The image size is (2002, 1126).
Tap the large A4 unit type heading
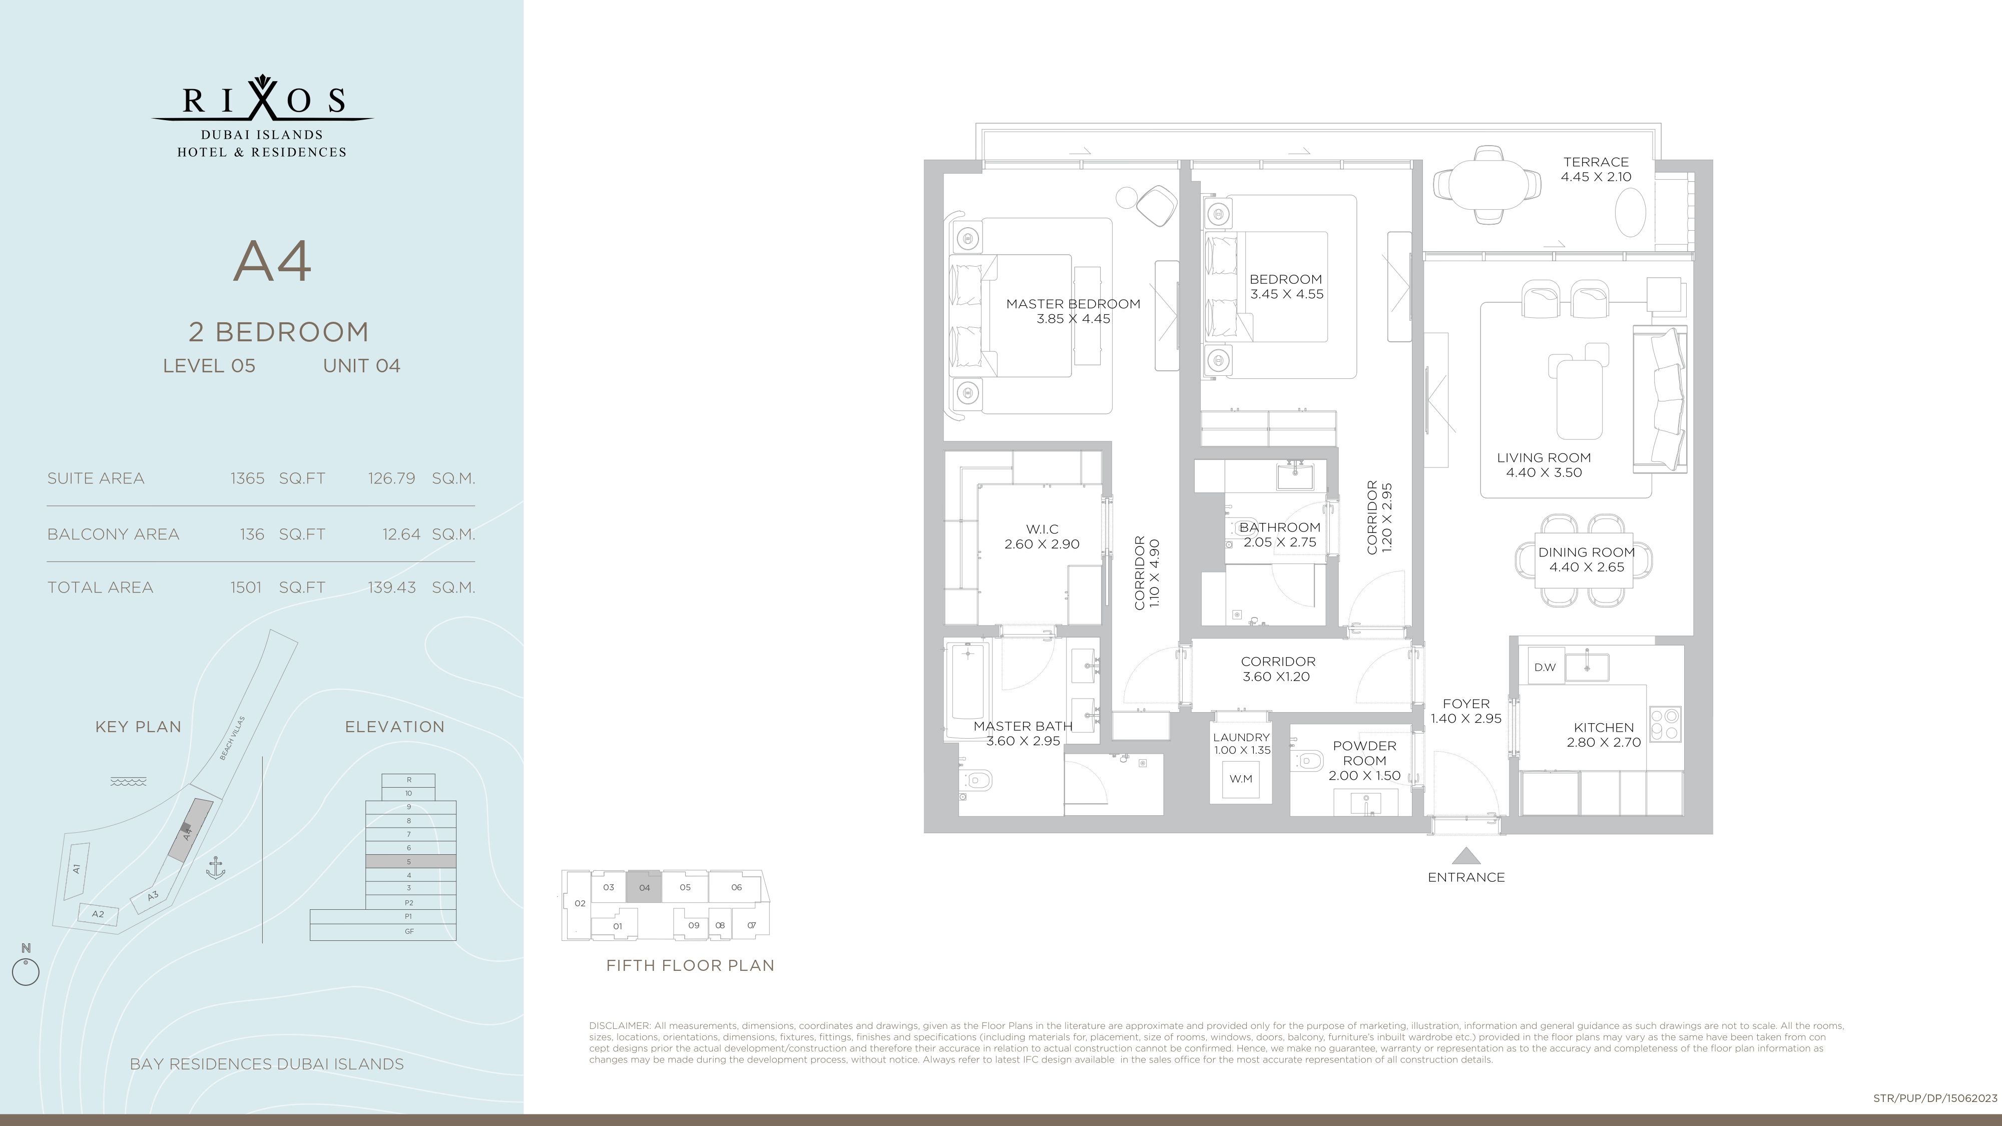[x=273, y=261]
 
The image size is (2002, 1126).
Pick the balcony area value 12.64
[x=401, y=534]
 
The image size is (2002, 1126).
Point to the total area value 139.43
[x=392, y=588]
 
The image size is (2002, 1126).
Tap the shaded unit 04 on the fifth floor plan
[x=644, y=887]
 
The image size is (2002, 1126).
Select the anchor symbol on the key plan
[x=215, y=868]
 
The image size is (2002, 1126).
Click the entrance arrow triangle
[x=1466, y=856]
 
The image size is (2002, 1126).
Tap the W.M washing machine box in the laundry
[x=1241, y=779]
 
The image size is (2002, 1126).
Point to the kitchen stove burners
[x=1665, y=724]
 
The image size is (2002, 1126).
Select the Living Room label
[x=1544, y=458]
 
